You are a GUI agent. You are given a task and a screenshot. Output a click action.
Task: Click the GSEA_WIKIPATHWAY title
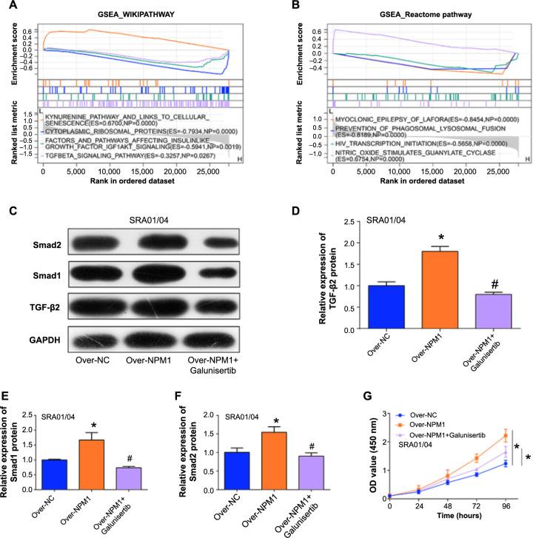pos(135,16)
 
